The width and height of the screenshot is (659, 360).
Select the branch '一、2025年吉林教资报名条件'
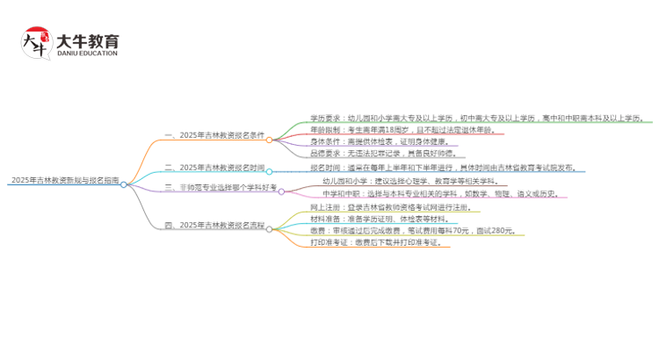(214, 135)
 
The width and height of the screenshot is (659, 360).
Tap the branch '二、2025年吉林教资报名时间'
(214, 167)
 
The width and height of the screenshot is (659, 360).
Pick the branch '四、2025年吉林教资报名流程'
(214, 226)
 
